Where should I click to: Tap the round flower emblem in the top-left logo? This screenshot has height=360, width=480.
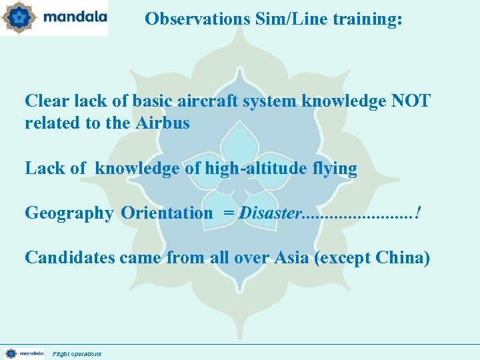[x=19, y=17]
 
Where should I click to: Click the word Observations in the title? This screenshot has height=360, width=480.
[x=197, y=19]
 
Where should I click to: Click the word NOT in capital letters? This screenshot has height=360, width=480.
[x=411, y=101]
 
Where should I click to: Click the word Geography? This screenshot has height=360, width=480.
[x=69, y=213]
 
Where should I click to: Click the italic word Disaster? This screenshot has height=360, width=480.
[x=270, y=213]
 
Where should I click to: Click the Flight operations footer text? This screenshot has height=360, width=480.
[x=77, y=353]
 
